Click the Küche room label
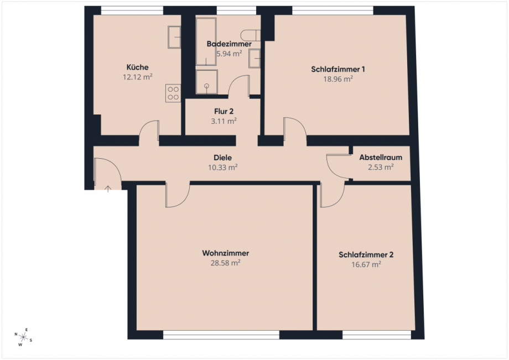137,67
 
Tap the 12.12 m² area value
137,77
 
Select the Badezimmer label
229,44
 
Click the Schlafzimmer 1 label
338,69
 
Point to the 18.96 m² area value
338,79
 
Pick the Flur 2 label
224,111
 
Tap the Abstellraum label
381,157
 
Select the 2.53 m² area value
381,166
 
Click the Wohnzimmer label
226,253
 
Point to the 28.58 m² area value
226,263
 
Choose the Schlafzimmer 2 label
366,255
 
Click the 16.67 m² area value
366,265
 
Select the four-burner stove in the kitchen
173,92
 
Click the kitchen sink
174,36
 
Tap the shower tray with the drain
206,82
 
